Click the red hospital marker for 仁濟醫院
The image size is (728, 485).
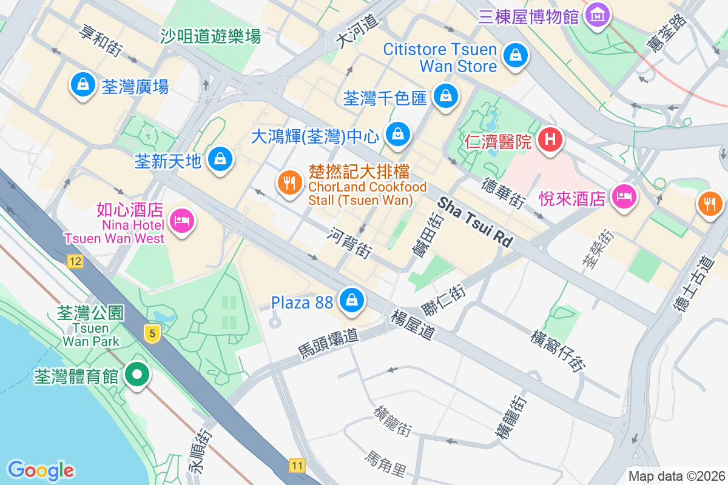tap(550, 139)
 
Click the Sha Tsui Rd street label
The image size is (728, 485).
tap(475, 222)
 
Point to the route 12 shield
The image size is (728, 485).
tap(75, 261)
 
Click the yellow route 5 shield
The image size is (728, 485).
tap(152, 333)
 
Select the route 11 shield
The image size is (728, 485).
tap(296, 466)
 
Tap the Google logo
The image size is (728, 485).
tap(41, 470)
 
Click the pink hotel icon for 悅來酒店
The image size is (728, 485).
tap(624, 196)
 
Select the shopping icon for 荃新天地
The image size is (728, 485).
tap(219, 159)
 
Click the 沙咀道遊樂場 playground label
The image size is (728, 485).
tap(211, 36)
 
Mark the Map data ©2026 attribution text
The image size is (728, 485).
tap(676, 476)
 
